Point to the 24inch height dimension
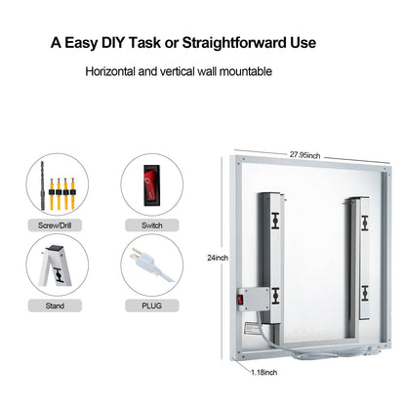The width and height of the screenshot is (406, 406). click(217, 258)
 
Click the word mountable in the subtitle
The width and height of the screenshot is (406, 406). click(245, 71)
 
